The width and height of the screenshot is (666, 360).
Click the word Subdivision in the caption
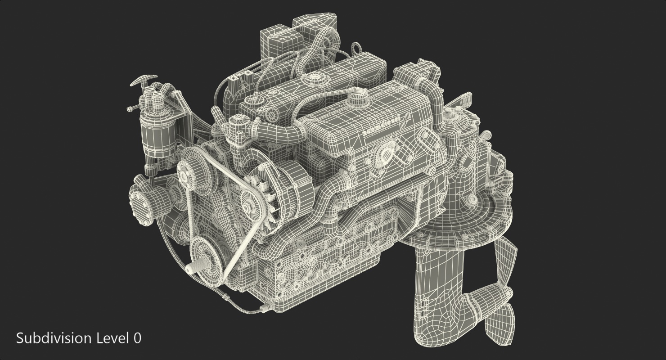point(54,338)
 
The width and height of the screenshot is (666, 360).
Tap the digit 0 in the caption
point(137,338)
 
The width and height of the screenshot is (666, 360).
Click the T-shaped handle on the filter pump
point(142,81)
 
